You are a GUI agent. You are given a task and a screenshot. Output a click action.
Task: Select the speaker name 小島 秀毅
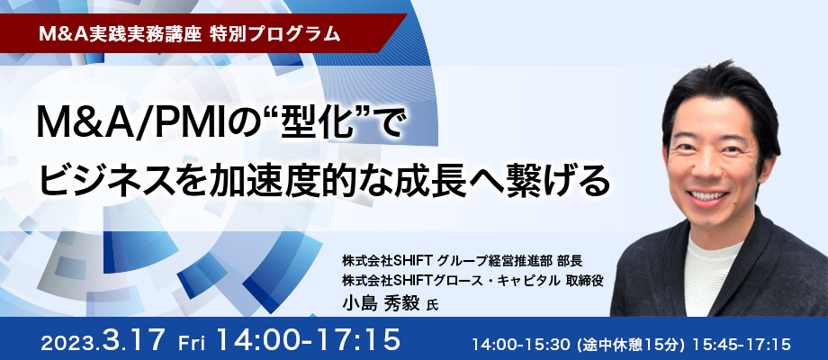point(381,303)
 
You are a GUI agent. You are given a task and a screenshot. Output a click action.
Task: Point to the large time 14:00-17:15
point(309,340)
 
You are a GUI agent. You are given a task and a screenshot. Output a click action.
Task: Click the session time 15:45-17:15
point(741,345)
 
